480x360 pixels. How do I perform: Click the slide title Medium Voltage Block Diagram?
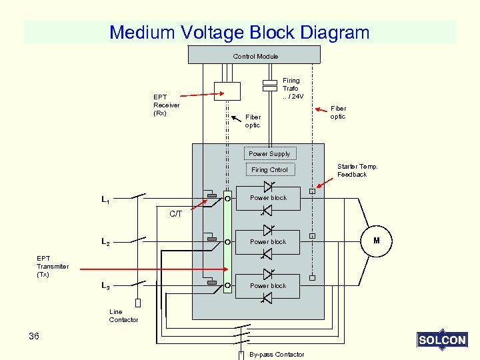[x=239, y=32]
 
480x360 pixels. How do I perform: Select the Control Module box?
[x=255, y=55]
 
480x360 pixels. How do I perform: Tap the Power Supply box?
[x=269, y=153]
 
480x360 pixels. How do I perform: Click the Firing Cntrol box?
[x=270, y=169]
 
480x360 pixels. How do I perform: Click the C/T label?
[x=175, y=214]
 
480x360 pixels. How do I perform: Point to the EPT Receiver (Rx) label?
[x=166, y=105]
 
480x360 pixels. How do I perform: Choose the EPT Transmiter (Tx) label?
[x=53, y=266]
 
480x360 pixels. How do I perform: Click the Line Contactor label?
[x=123, y=316]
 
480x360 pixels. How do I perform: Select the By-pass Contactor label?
[x=276, y=354]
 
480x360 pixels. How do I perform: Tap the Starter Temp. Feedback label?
[x=357, y=170]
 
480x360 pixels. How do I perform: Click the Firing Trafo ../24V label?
[x=291, y=88]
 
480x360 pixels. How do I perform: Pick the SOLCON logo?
[x=441, y=340]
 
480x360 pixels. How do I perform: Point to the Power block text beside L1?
[x=268, y=198]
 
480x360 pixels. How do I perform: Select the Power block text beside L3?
[x=268, y=286]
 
